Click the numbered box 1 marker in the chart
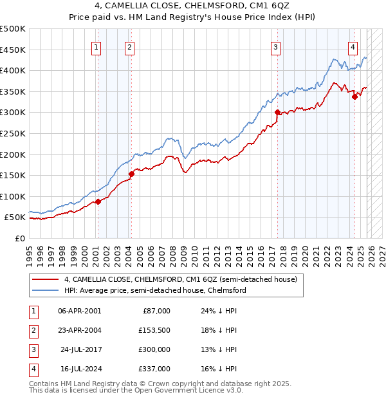96,46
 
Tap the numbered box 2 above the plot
129,46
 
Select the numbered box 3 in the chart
275,46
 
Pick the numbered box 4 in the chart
353,46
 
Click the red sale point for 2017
277,113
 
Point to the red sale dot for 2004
131,174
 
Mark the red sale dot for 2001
98,201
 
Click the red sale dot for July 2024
354,97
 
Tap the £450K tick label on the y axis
13,50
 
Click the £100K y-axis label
13,196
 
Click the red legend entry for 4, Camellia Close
180,280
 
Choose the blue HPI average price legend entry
154,291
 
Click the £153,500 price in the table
154,329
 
